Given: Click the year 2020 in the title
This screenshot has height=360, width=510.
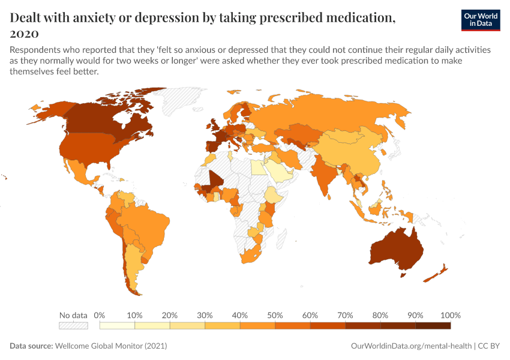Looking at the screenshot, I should click(25, 33).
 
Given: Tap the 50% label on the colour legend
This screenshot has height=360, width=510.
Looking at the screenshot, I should click(275, 315).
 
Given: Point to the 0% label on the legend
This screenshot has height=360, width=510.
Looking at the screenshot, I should click(100, 315).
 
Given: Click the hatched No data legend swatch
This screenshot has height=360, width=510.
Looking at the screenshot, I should click(73, 325).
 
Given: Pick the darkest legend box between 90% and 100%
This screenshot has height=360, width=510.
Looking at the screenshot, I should click(433, 325).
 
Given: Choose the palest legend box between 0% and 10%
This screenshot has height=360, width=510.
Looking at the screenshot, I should click(117, 325).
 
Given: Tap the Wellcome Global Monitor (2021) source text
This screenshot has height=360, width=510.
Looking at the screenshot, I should click(110, 346).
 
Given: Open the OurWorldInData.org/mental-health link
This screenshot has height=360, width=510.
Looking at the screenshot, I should click(410, 346).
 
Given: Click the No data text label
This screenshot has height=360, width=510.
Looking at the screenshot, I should click(73, 315).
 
